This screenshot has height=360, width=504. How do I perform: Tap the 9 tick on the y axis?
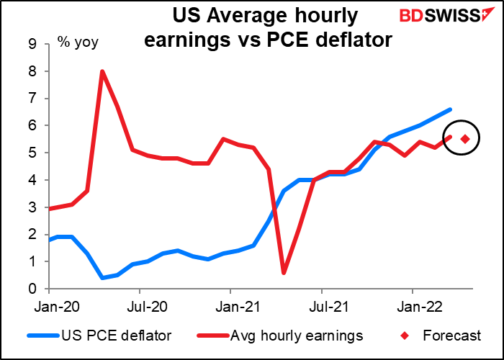[x=32, y=44]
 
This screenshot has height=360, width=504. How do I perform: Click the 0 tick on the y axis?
[x=32, y=289]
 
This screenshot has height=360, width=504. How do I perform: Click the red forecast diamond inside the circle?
[x=465, y=139]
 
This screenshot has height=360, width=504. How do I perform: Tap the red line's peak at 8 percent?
[x=102, y=71]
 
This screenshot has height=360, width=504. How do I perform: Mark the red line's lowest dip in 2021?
[x=284, y=273]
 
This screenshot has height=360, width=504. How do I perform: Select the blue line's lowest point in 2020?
[x=102, y=278]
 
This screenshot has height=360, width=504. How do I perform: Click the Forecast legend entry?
[x=444, y=335]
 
